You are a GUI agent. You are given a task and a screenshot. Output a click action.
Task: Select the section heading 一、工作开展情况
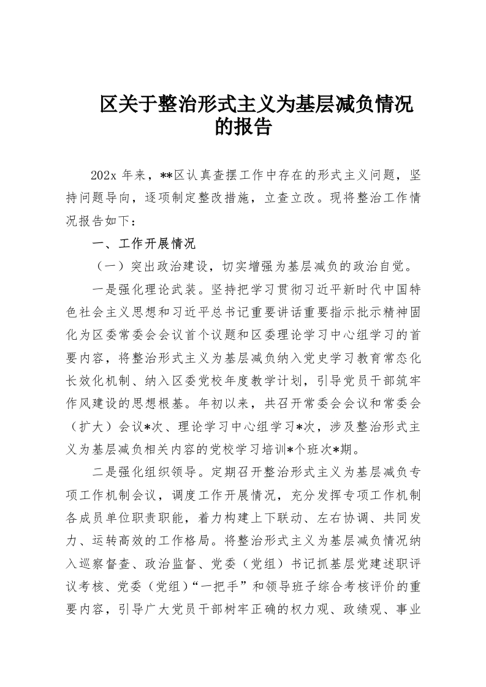click(143, 244)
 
